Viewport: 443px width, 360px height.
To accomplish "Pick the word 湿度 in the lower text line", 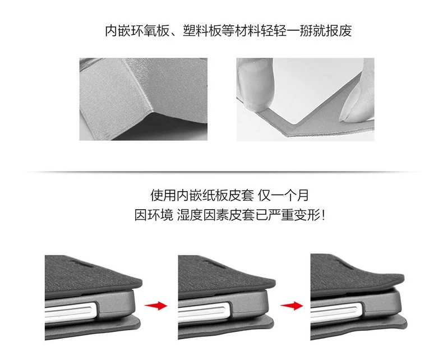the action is click(x=190, y=215).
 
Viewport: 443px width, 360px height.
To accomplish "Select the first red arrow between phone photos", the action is click(x=156, y=306).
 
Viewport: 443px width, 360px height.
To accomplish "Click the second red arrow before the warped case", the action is click(x=292, y=306).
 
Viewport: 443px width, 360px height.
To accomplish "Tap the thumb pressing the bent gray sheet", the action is click(x=256, y=84).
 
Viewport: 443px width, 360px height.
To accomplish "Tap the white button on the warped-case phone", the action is click(x=336, y=311).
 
